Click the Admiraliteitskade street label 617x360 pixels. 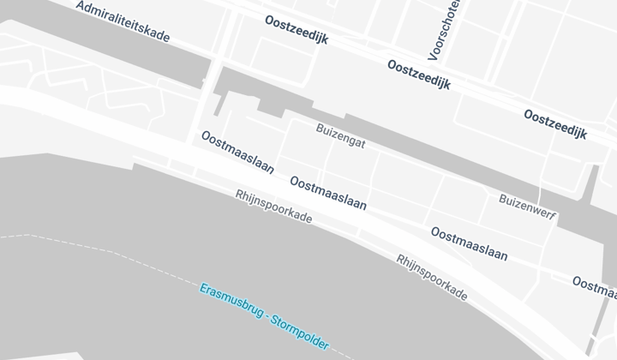point(123,22)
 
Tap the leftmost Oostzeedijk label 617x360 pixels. point(297,31)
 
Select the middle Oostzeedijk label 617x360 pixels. point(418,75)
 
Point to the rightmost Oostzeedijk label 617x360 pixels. point(555,124)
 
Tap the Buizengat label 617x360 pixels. point(340,137)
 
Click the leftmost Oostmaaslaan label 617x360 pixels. point(237,152)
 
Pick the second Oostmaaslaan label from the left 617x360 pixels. point(328,194)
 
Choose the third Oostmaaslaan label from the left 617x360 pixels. point(469,243)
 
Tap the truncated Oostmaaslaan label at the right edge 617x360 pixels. point(594,285)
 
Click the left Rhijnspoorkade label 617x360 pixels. point(273,207)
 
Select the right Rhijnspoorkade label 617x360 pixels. point(432,277)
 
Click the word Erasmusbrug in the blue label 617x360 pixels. point(231,302)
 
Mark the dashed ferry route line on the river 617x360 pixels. point(103,246)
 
